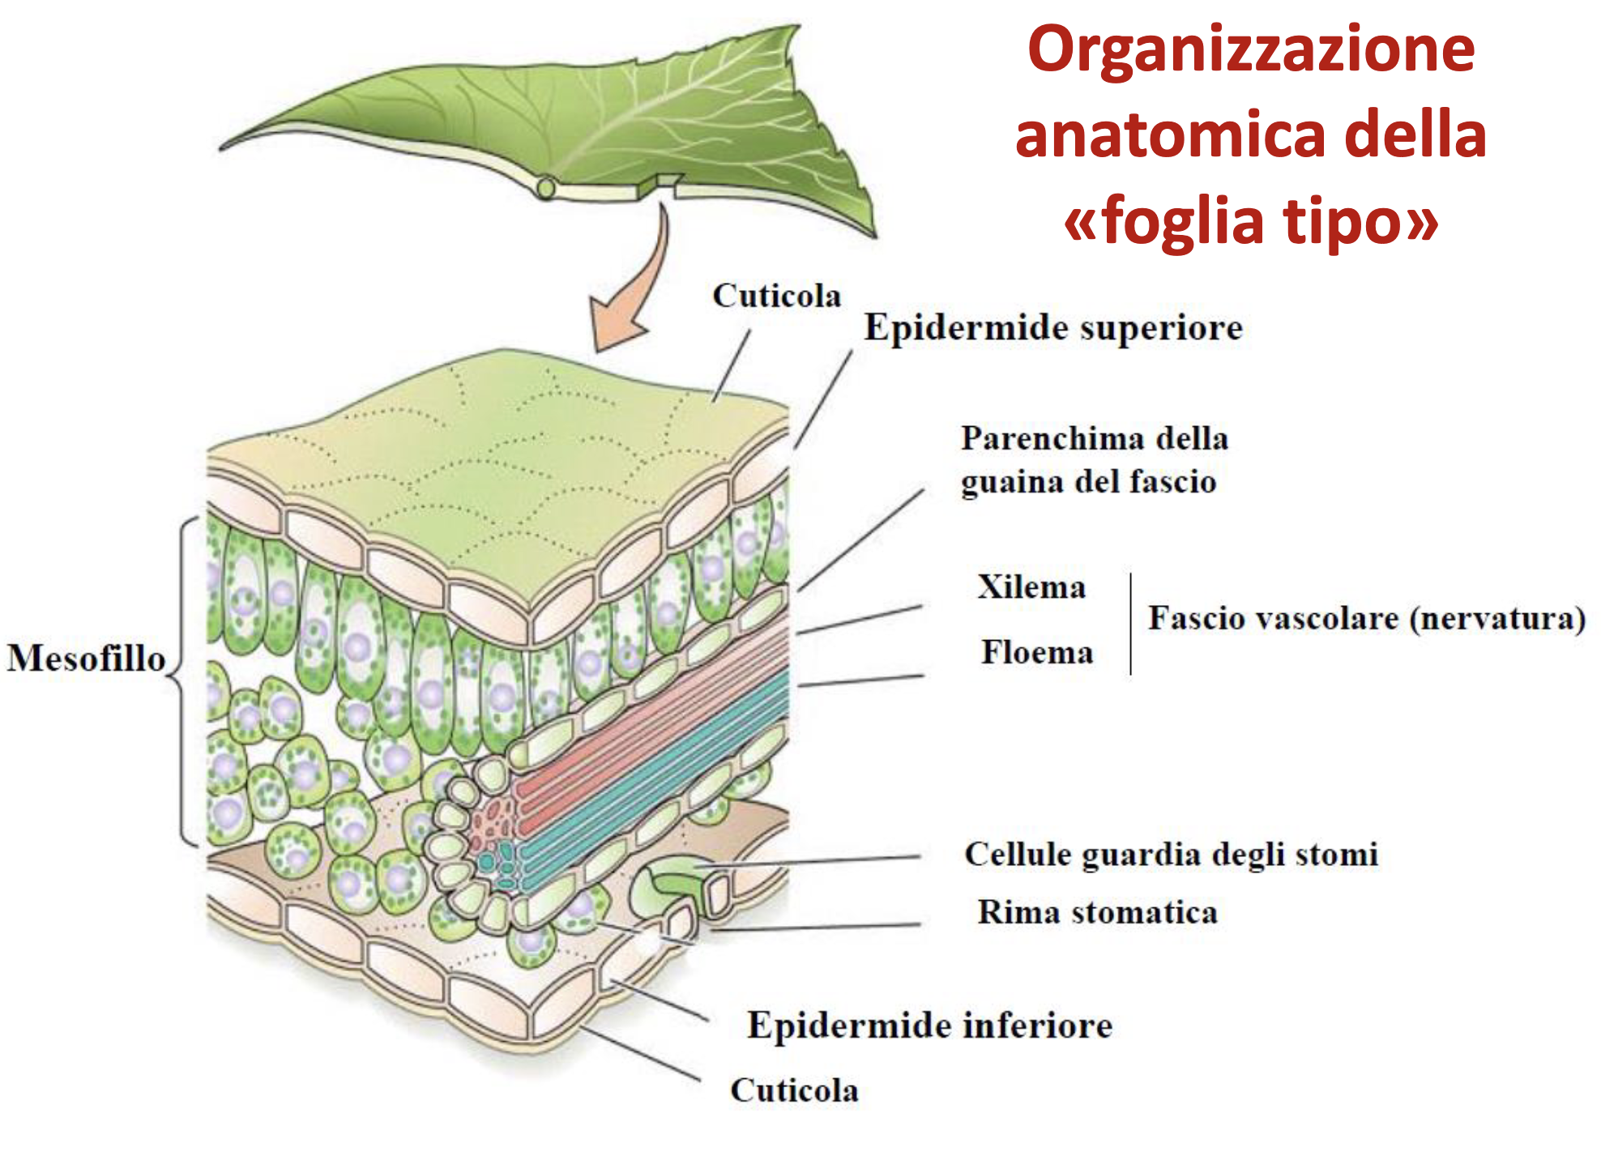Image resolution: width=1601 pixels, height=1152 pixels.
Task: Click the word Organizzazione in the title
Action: pos(1251,50)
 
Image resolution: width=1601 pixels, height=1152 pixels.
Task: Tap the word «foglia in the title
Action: pos(1163,220)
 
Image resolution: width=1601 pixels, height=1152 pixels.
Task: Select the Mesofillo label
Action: pos(86,658)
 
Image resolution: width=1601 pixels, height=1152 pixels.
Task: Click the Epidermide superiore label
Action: pos(1053,328)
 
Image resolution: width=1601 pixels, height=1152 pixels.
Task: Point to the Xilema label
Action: pos(1031,587)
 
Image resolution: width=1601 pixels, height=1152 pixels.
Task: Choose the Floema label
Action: pos(1037,652)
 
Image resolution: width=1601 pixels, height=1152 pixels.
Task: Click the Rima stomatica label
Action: pos(1097,912)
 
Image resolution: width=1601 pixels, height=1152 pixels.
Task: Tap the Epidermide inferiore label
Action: pos(929,1026)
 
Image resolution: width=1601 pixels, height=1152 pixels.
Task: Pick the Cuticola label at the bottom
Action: pos(794,1090)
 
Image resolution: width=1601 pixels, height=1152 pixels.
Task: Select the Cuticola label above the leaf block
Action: pos(776,296)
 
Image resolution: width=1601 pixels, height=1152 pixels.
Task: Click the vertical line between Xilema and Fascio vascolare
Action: pos(1131,624)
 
